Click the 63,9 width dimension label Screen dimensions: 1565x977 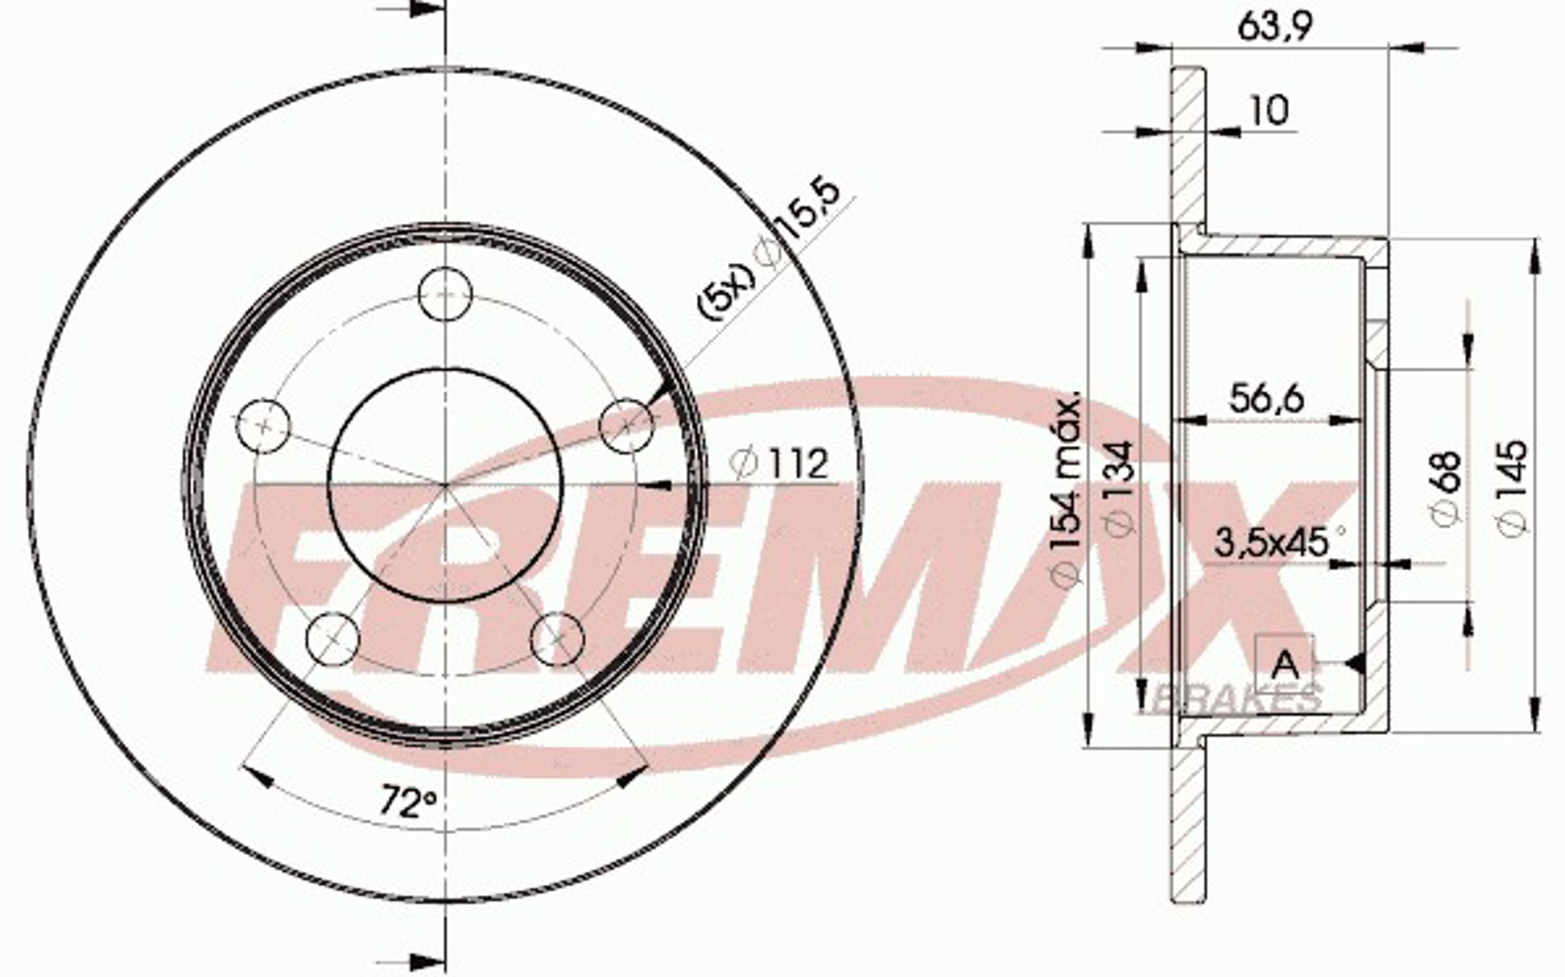point(1275,27)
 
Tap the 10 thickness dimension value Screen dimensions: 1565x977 point(1269,111)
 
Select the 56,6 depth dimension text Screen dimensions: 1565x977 point(1267,398)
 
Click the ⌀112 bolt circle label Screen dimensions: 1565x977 point(779,463)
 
